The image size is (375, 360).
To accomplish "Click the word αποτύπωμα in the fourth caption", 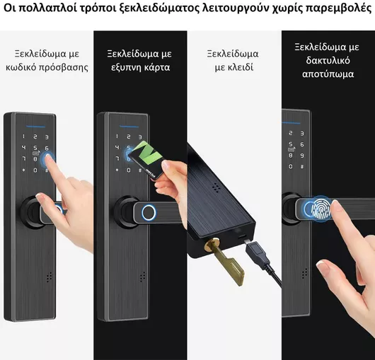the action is click(x=328, y=74).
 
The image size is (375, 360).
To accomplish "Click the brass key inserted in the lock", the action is click(x=225, y=261).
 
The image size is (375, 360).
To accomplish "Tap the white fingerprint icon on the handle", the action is click(x=322, y=209).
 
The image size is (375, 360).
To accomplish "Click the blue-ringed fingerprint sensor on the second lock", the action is click(x=149, y=212).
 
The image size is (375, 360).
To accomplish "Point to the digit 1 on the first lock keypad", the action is click(x=23, y=137).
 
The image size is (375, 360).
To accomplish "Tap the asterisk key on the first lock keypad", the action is click(x=23, y=170).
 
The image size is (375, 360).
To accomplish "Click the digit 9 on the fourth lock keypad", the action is click(x=302, y=156).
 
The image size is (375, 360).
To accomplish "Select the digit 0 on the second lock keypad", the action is click(x=129, y=170).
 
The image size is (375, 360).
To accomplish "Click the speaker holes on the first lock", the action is click(x=50, y=277).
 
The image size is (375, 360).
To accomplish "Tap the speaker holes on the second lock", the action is click(x=142, y=277).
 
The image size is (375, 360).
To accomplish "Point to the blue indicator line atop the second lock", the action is click(x=129, y=127).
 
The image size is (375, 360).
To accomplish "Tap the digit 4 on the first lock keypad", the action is click(x=23, y=148).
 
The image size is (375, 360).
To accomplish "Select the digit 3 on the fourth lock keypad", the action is click(x=302, y=133).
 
